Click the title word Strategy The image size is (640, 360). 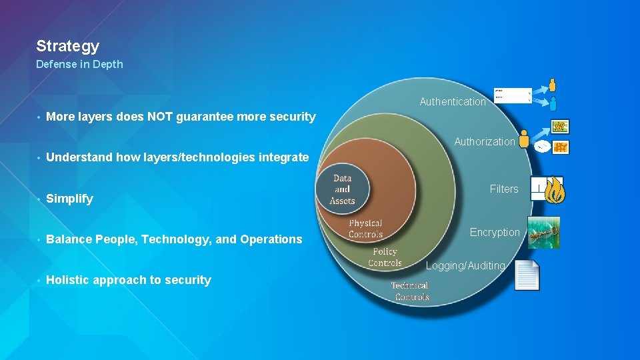click(x=67, y=46)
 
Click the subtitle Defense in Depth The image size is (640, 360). click(x=79, y=65)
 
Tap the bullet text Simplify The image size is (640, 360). click(x=69, y=199)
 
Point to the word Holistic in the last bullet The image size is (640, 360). click(x=68, y=280)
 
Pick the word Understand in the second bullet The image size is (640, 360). click(x=74, y=157)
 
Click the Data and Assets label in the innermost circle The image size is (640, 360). click(x=342, y=189)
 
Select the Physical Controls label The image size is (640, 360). click(x=365, y=229)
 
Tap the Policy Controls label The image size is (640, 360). click(x=385, y=257)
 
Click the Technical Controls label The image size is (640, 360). click(x=410, y=291)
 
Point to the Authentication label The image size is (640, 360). click(x=453, y=102)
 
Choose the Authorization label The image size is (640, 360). click(x=485, y=141)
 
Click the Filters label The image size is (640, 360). click(x=504, y=189)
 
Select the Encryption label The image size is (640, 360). click(x=495, y=232)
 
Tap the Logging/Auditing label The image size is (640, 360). click(x=465, y=265)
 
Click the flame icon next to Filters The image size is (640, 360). click(x=555, y=190)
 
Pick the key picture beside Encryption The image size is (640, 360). click(x=543, y=233)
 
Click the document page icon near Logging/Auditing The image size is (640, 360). click(x=527, y=275)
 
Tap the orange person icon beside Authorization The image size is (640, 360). click(x=524, y=139)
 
